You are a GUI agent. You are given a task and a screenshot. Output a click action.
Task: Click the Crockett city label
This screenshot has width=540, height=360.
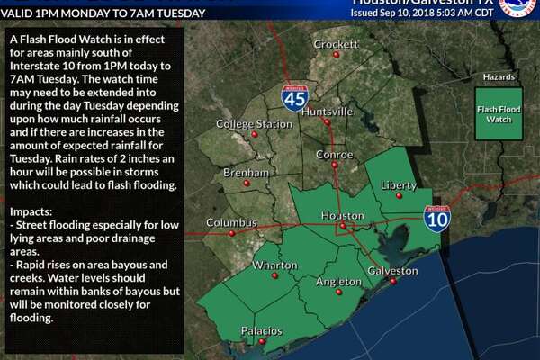(336, 44)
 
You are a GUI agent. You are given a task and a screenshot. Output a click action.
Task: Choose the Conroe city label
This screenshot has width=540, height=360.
(333, 153)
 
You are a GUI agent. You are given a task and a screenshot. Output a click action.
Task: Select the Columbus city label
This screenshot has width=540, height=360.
(231, 222)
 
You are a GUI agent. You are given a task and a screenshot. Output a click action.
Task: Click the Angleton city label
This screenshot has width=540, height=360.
(338, 283)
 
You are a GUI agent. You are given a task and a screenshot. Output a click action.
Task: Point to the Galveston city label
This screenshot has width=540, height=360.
(393, 271)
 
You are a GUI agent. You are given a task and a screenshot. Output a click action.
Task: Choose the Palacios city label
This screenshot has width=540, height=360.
(261, 331)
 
